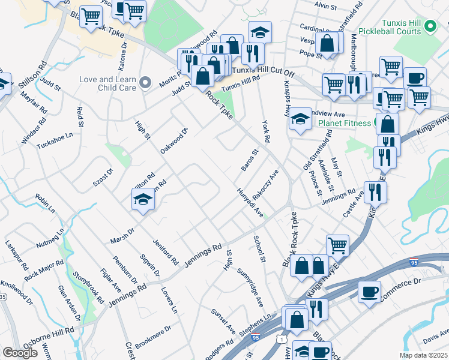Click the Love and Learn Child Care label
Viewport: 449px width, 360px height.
coord(108,83)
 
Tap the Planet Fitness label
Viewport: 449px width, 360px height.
coord(345,123)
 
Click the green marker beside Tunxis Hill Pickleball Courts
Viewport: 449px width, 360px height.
coord(430,26)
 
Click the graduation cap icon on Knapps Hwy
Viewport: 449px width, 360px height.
coord(300,119)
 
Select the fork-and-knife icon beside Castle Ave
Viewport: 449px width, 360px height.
coord(375,192)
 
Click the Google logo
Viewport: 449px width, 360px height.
coord(20,353)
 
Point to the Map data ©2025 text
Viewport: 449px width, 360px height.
coord(423,355)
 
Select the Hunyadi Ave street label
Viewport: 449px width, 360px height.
coord(250,203)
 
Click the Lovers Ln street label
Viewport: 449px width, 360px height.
coord(169,300)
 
